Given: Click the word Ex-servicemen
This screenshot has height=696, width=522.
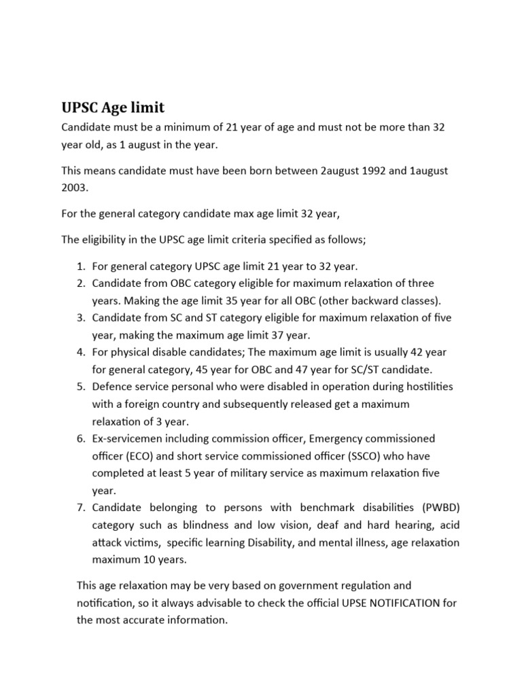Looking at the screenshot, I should tap(126, 438).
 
